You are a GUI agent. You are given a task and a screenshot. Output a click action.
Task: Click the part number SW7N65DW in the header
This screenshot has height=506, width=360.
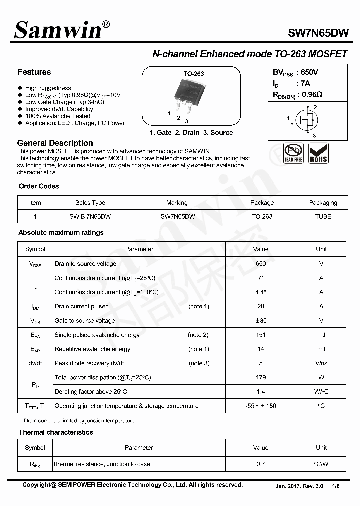tap(318, 33)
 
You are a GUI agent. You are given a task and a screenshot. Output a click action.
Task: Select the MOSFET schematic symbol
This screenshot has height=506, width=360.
tap(306, 120)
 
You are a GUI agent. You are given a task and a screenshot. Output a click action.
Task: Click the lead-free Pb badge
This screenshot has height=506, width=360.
tap(293, 153)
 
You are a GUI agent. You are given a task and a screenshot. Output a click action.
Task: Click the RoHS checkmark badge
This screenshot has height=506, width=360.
tap(318, 153)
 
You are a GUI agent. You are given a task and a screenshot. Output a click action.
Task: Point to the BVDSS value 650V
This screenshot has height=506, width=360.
tap(309, 72)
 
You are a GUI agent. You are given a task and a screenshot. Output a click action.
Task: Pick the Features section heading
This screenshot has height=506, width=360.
tap(34, 72)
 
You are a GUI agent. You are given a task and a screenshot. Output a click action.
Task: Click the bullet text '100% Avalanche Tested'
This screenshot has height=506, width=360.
tap(58, 116)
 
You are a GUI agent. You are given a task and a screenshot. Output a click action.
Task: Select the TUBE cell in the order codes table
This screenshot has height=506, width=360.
tap(323, 216)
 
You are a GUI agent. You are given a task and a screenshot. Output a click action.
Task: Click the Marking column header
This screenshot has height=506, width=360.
tap(177, 203)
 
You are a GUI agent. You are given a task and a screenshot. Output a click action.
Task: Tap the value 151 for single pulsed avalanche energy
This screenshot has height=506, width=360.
tap(260, 335)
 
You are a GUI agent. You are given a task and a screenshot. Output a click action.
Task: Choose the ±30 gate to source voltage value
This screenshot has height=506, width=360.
tap(260, 320)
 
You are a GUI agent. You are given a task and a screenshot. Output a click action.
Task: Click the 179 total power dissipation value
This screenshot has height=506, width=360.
tap(260, 377)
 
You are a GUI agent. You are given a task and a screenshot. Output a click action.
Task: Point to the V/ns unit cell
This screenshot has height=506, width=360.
tap(321, 363)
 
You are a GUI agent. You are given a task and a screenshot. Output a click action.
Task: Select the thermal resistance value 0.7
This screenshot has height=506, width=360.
tap(260, 464)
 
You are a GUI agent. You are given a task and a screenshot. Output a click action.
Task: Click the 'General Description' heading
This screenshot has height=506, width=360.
tap(55, 143)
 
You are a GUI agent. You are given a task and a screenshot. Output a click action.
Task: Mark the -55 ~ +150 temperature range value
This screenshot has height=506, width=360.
tap(260, 406)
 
